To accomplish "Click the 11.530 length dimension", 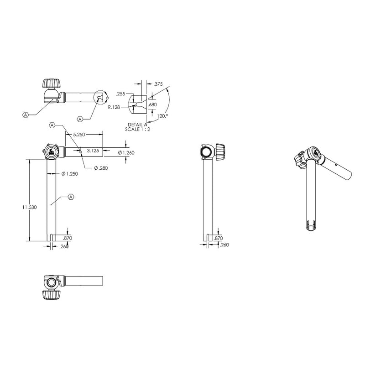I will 29,207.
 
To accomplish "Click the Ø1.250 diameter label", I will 69,173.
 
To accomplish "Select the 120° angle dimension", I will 162,117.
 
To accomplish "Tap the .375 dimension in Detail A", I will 158,84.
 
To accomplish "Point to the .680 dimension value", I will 152,105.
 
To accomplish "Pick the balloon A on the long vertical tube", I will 71,197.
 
